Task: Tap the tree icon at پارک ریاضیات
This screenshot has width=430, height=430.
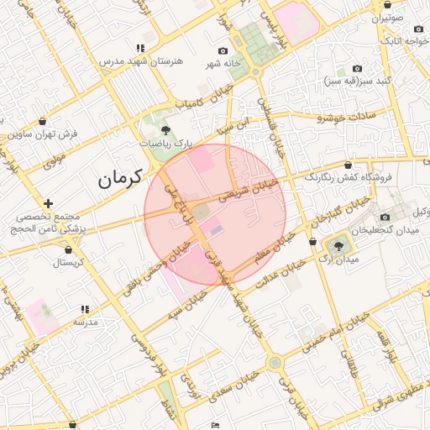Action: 165,130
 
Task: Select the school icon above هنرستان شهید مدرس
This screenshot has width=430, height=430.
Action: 139,48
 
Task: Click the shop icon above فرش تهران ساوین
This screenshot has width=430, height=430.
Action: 42,121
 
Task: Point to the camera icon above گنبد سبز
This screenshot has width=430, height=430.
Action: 357,68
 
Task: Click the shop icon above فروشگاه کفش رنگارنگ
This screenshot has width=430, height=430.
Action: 347,165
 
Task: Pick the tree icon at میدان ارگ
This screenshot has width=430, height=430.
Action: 338,246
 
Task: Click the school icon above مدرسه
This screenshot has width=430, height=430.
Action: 84,309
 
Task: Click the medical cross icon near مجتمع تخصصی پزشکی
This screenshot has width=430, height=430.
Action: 49,203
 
